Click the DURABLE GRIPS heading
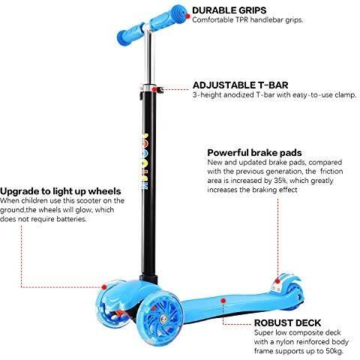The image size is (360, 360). [x=229, y=10]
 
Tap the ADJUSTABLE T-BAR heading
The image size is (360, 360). [x=240, y=85]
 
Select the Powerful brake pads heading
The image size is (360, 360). [x=254, y=152]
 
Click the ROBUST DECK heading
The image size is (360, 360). [x=287, y=322]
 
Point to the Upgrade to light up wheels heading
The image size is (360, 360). [x=61, y=191]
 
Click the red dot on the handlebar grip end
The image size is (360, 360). [x=188, y=16]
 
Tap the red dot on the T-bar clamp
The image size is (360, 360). [x=154, y=89]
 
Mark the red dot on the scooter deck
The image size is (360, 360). [x=223, y=301]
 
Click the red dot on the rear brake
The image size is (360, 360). [x=277, y=281]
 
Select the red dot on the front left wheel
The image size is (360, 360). [x=104, y=287]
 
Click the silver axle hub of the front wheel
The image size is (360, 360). [x=163, y=319]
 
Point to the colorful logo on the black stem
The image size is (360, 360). [x=145, y=162]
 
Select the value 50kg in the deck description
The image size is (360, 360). [x=334, y=351]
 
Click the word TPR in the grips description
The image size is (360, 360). [x=241, y=19]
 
